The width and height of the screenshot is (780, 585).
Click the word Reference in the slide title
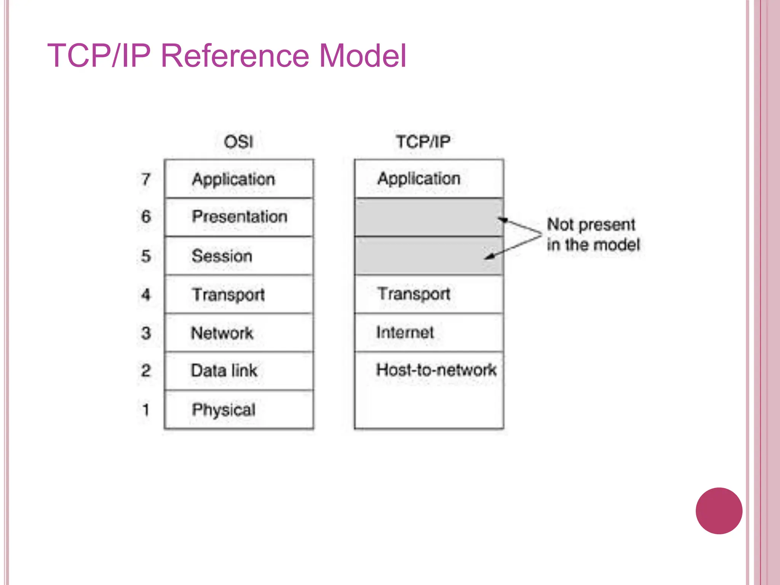(234, 56)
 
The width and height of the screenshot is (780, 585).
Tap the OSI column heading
(238, 142)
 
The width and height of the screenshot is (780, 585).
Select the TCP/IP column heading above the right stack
(423, 142)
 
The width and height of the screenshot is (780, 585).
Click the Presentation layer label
(240, 216)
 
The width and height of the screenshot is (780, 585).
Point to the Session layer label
(222, 256)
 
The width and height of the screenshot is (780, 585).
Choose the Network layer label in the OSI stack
(222, 333)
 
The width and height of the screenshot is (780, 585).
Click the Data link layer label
(224, 371)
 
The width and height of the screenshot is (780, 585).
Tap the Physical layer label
(224, 409)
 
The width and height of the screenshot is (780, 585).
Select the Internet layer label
(405, 332)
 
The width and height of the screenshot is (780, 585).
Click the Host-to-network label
(436, 369)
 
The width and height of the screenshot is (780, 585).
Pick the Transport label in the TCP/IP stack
(414, 294)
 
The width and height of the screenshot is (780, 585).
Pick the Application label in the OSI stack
(233, 179)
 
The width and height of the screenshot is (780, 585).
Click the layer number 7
(146, 179)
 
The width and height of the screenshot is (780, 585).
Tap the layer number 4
(146, 294)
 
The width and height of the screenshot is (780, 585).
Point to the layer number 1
(145, 410)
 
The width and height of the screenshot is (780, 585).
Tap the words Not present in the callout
(591, 224)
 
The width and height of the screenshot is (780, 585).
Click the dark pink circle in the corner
(719, 511)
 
